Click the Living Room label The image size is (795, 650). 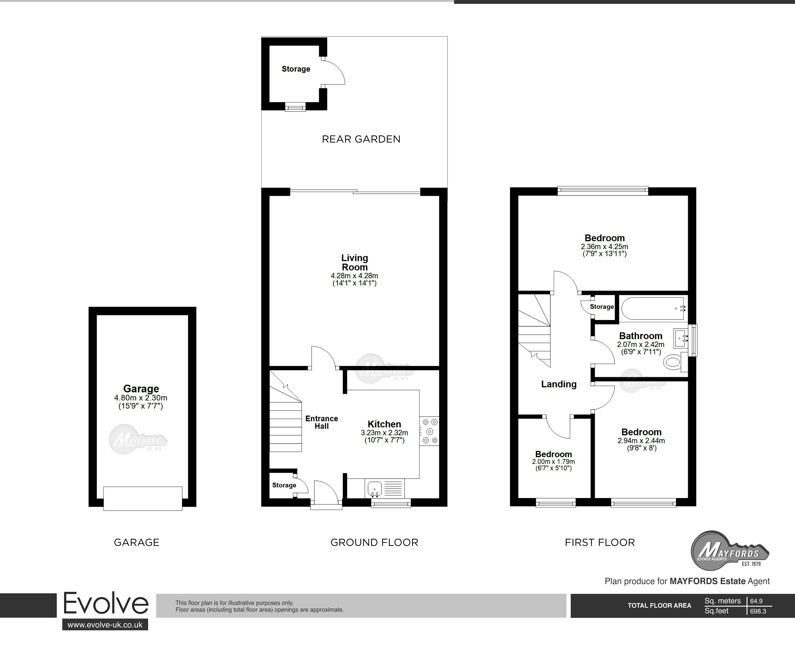(x=354, y=263)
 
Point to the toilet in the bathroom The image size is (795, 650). (x=672, y=362)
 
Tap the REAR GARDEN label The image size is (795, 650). (x=361, y=139)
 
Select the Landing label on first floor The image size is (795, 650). (x=559, y=384)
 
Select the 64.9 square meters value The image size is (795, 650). (x=756, y=601)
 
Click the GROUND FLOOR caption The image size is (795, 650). (x=374, y=543)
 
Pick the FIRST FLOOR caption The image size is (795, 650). (x=599, y=543)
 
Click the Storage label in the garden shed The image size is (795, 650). (x=296, y=69)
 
